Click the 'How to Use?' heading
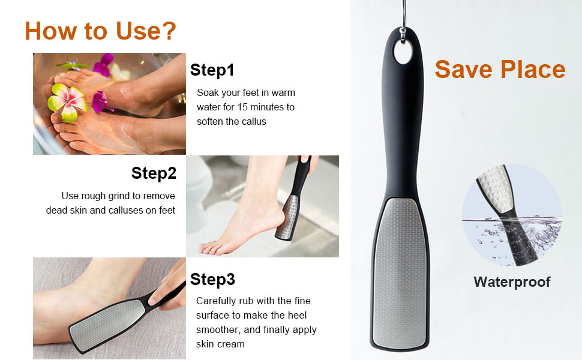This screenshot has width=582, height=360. (101, 31)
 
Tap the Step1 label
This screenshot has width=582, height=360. (212, 70)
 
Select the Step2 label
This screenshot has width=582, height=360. (154, 173)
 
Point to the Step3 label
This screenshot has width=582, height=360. (212, 279)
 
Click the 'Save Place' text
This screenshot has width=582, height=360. (500, 70)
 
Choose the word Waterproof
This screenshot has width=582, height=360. (512, 282)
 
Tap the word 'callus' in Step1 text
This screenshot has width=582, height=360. (253, 121)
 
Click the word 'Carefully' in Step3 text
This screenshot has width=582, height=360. (217, 301)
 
